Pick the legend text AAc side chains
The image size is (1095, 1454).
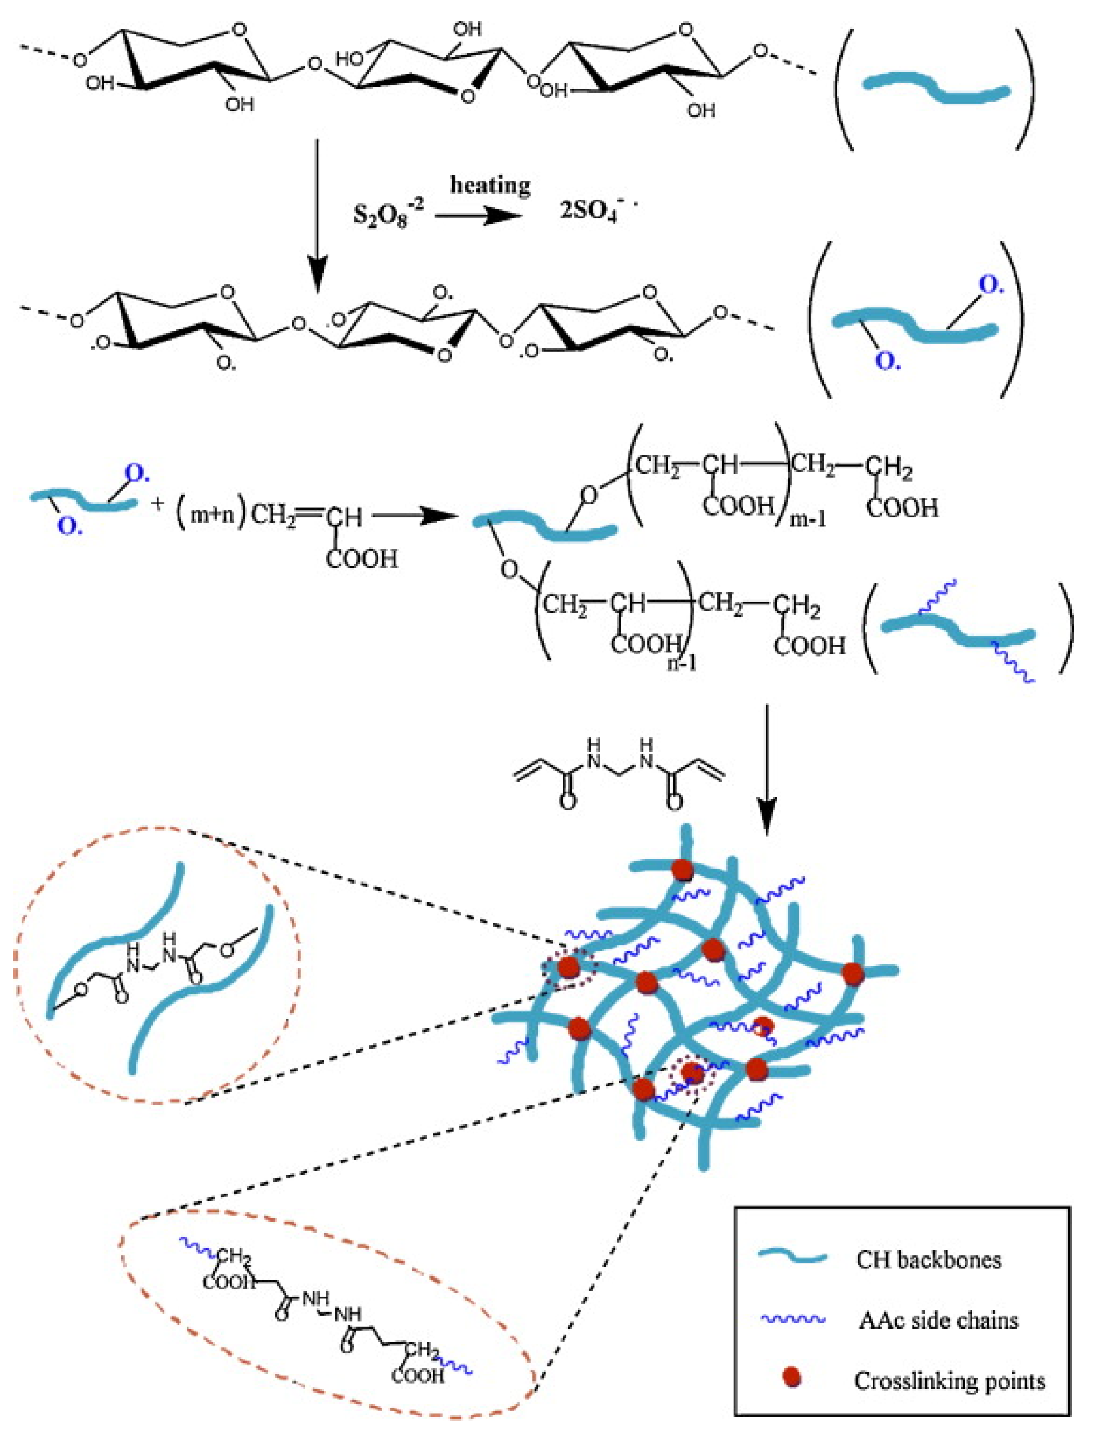click(938, 1320)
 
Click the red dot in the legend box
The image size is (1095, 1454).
click(792, 1379)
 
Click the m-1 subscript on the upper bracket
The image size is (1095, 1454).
click(808, 520)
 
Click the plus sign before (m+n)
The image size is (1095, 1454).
click(158, 506)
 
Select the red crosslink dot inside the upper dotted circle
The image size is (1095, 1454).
click(568, 967)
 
